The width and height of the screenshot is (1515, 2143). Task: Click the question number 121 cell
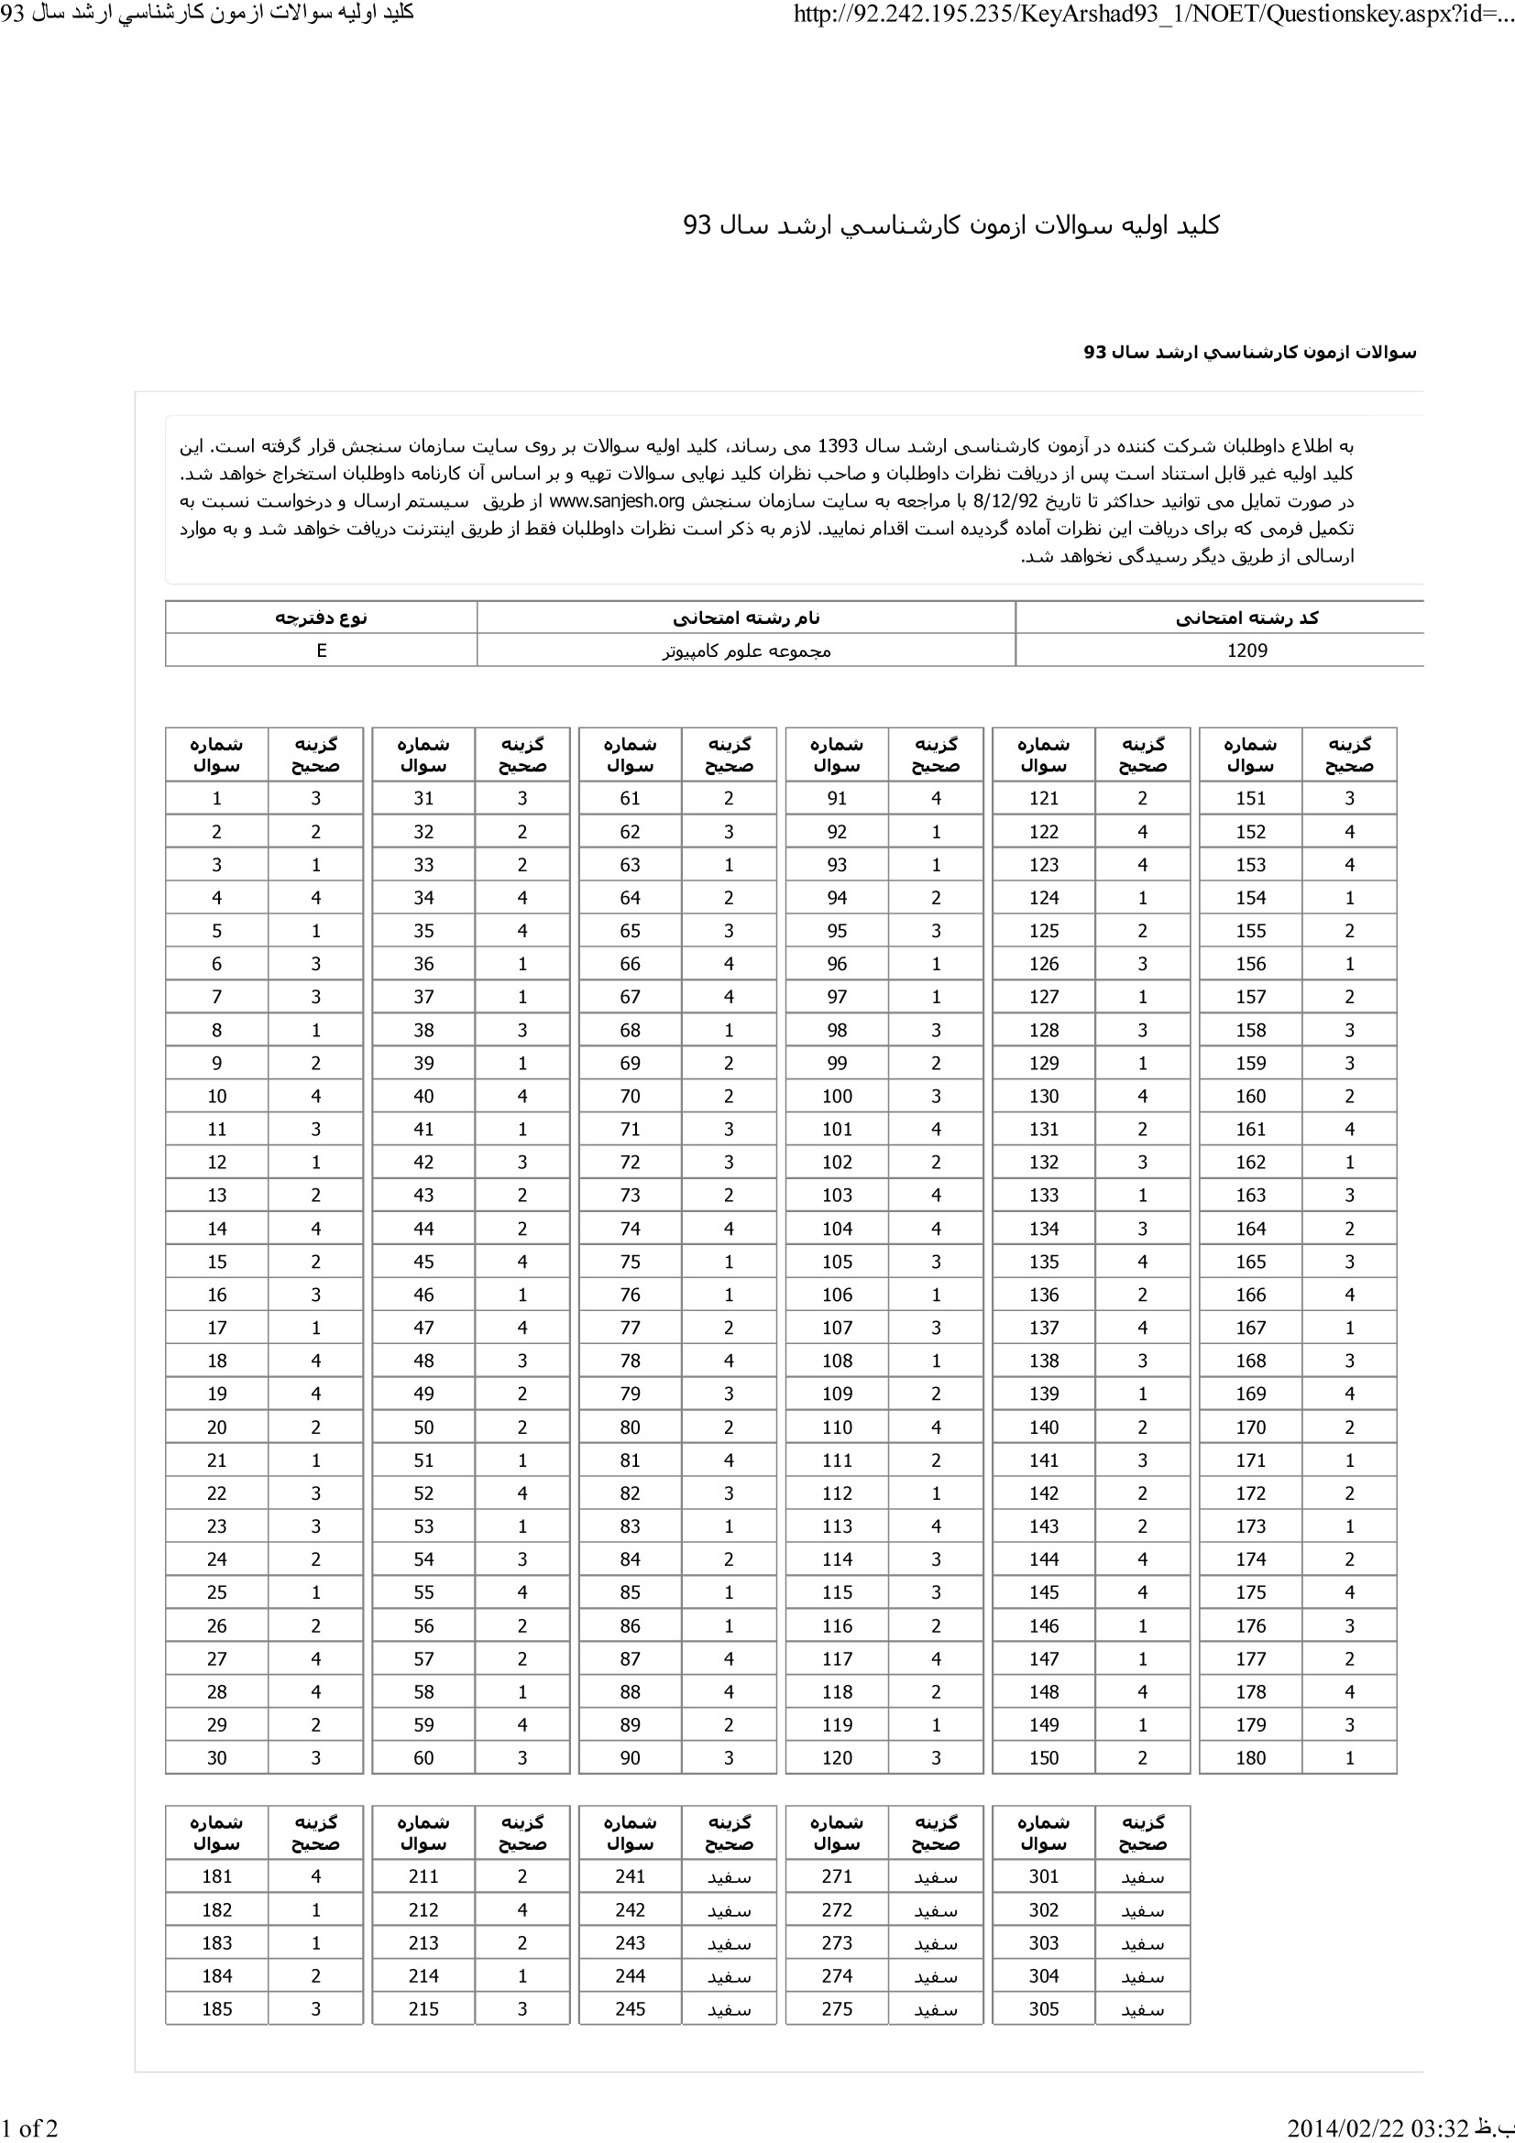(1043, 798)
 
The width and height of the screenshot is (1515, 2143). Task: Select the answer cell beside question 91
(936, 798)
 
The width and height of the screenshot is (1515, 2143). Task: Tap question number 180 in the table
(1250, 1757)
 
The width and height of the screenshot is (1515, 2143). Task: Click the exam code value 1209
(1247, 651)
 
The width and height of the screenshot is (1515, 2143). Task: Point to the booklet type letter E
(321, 651)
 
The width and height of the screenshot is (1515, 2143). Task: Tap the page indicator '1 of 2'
(30, 2127)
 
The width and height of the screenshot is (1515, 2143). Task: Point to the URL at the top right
(1152, 14)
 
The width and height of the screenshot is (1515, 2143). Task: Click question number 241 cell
(630, 1876)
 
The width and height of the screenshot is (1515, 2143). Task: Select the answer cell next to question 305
(1142, 2008)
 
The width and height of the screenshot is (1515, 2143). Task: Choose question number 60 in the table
(423, 1757)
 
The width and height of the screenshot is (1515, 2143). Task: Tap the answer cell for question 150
(1142, 1757)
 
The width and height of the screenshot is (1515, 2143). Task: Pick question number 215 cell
(423, 2008)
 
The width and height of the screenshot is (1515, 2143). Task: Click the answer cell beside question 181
(315, 1876)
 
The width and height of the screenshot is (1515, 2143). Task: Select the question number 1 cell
(216, 798)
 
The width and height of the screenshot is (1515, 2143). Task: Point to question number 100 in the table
(837, 1096)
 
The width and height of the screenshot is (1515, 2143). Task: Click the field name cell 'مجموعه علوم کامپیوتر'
(746, 651)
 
